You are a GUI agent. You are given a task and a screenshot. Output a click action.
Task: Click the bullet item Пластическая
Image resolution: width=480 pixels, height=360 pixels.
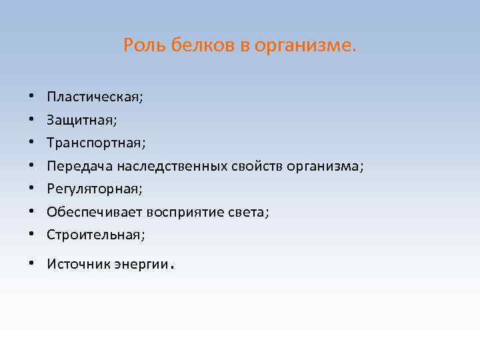(x=95, y=97)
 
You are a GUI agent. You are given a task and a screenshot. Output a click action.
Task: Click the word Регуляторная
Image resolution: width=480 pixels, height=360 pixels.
(x=94, y=189)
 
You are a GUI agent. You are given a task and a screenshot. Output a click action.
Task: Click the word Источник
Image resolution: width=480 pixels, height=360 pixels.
(x=75, y=263)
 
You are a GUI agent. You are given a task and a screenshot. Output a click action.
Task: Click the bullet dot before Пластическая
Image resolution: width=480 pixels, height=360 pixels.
(x=31, y=97)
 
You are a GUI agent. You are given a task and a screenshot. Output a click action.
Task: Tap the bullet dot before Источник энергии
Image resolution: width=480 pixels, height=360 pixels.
(x=31, y=263)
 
